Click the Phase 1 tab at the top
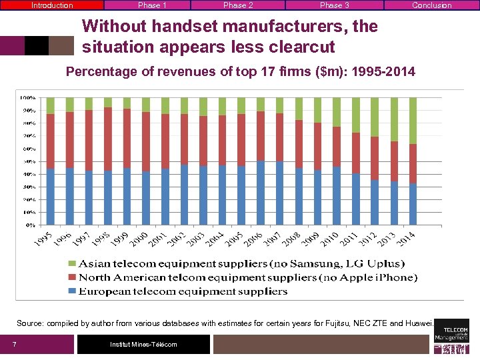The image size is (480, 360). pyautogui.click(x=152, y=5)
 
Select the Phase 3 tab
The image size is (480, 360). pyautogui.click(x=334, y=5)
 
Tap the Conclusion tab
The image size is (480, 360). pyautogui.click(x=431, y=5)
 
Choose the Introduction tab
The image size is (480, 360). pyautogui.click(x=52, y=5)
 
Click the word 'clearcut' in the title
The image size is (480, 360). pyautogui.click(x=301, y=48)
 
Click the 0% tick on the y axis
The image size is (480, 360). pyautogui.click(x=31, y=225)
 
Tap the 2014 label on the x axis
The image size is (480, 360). pyautogui.click(x=406, y=237)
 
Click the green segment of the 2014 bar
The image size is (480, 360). pyautogui.click(x=413, y=121)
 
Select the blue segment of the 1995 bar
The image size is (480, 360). pyautogui.click(x=51, y=197)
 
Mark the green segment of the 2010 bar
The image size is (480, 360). pyautogui.click(x=337, y=112)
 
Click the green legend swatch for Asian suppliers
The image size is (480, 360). pyautogui.click(x=72, y=264)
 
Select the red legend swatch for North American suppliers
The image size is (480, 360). pyautogui.click(x=72, y=277)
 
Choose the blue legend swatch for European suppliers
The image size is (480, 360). pyautogui.click(x=72, y=291)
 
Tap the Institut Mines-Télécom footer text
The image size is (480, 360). pyautogui.click(x=143, y=344)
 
